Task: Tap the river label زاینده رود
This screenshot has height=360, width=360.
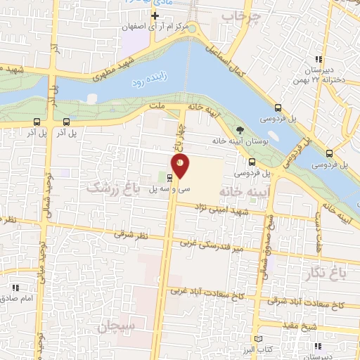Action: coord(148,82)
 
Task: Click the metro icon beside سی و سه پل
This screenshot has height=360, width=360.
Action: coord(169,177)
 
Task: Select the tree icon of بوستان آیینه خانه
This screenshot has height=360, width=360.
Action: coord(240,130)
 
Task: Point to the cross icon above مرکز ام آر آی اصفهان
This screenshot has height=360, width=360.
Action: coord(155,15)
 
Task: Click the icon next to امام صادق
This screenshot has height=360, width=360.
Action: coord(15,288)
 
